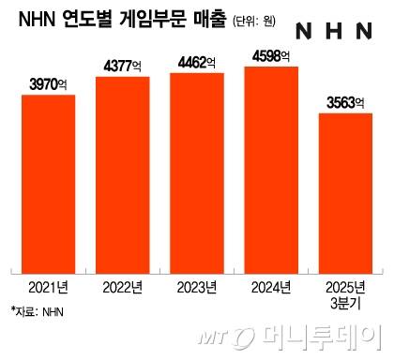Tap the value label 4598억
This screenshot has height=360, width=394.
271,55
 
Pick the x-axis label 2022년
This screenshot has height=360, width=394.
123,286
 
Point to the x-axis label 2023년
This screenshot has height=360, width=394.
197,286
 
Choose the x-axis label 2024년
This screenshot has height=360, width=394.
271,286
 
